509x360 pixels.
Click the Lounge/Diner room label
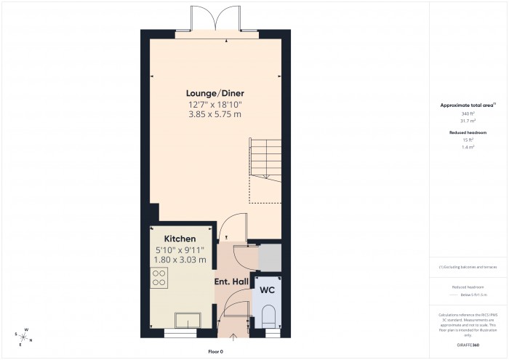(215, 93)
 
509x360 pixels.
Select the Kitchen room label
(180, 239)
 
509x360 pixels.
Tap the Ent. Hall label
(231, 281)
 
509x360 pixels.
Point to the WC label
(267, 289)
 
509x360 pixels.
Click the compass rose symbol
(24, 336)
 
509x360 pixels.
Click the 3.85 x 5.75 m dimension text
(215, 114)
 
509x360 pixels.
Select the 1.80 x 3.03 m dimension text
(180, 260)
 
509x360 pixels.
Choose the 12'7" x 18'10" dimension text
(215, 104)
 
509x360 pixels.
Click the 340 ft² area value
(467, 114)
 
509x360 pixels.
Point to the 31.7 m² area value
(467, 121)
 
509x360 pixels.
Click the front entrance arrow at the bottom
(232, 337)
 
